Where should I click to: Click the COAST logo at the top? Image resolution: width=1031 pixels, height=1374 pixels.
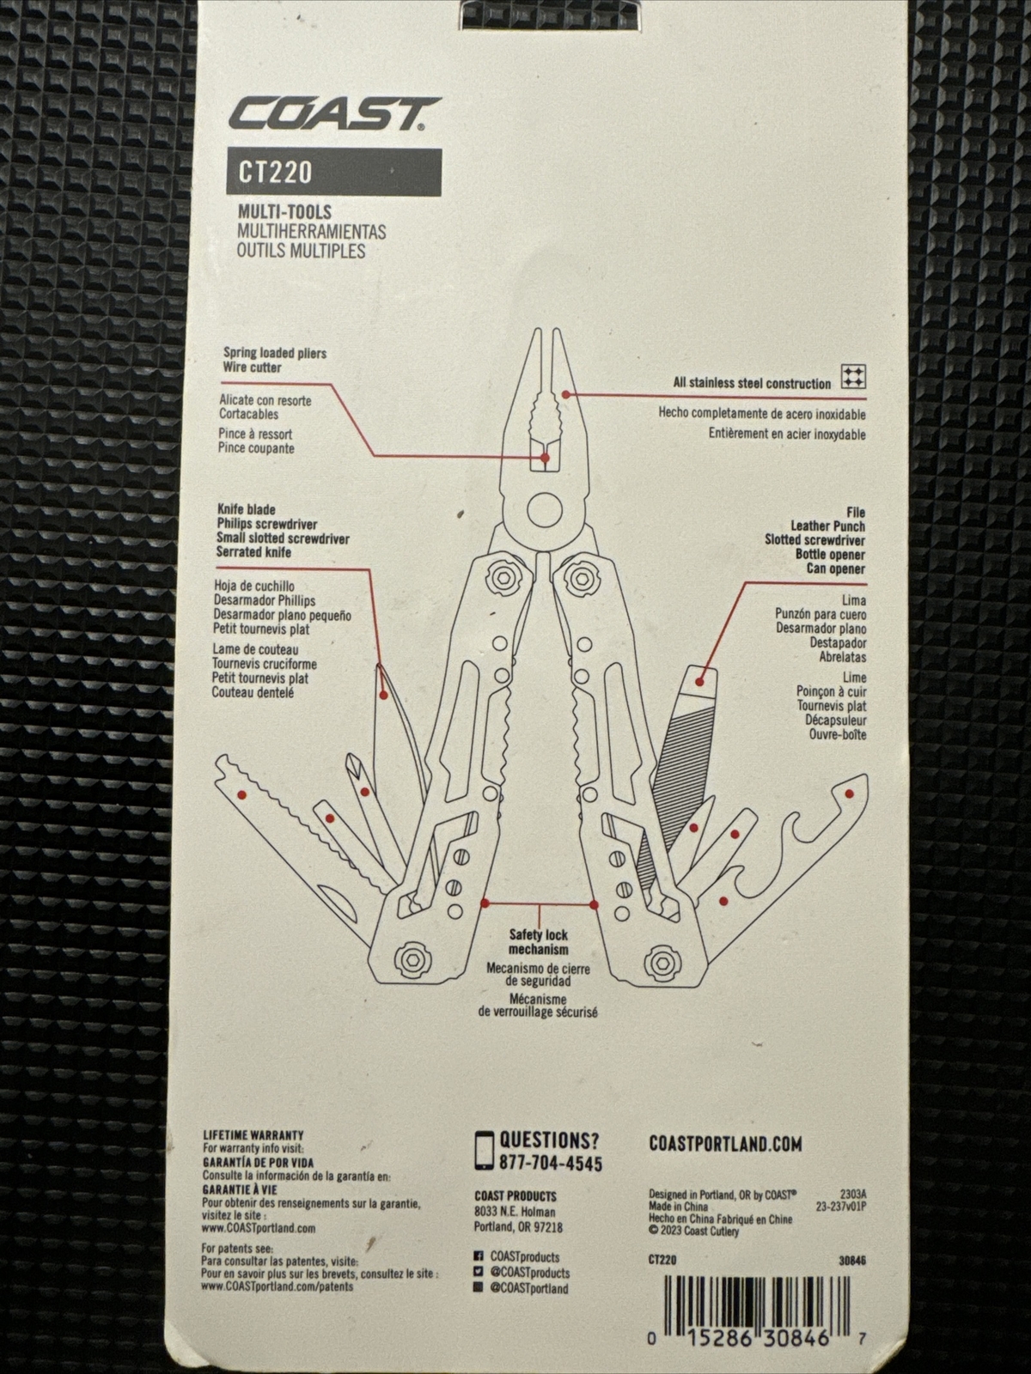[333, 114]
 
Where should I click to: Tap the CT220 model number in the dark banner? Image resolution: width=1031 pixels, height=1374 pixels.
[274, 173]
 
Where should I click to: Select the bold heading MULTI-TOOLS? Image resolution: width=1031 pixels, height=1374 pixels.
[284, 212]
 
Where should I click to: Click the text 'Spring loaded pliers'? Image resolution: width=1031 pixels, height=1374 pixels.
[275, 353]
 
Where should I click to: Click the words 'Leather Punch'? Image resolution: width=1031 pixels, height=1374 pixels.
[827, 526]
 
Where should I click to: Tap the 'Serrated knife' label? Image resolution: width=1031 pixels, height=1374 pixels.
[253, 552]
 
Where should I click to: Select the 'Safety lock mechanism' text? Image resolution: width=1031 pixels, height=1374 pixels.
[539, 942]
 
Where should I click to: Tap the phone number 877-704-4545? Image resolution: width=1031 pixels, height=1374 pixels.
[550, 1163]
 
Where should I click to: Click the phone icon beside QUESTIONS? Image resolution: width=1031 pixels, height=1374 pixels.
[484, 1151]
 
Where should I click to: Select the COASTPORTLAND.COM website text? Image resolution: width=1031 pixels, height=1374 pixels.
[725, 1144]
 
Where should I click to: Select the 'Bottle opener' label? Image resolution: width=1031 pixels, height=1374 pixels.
[830, 555]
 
